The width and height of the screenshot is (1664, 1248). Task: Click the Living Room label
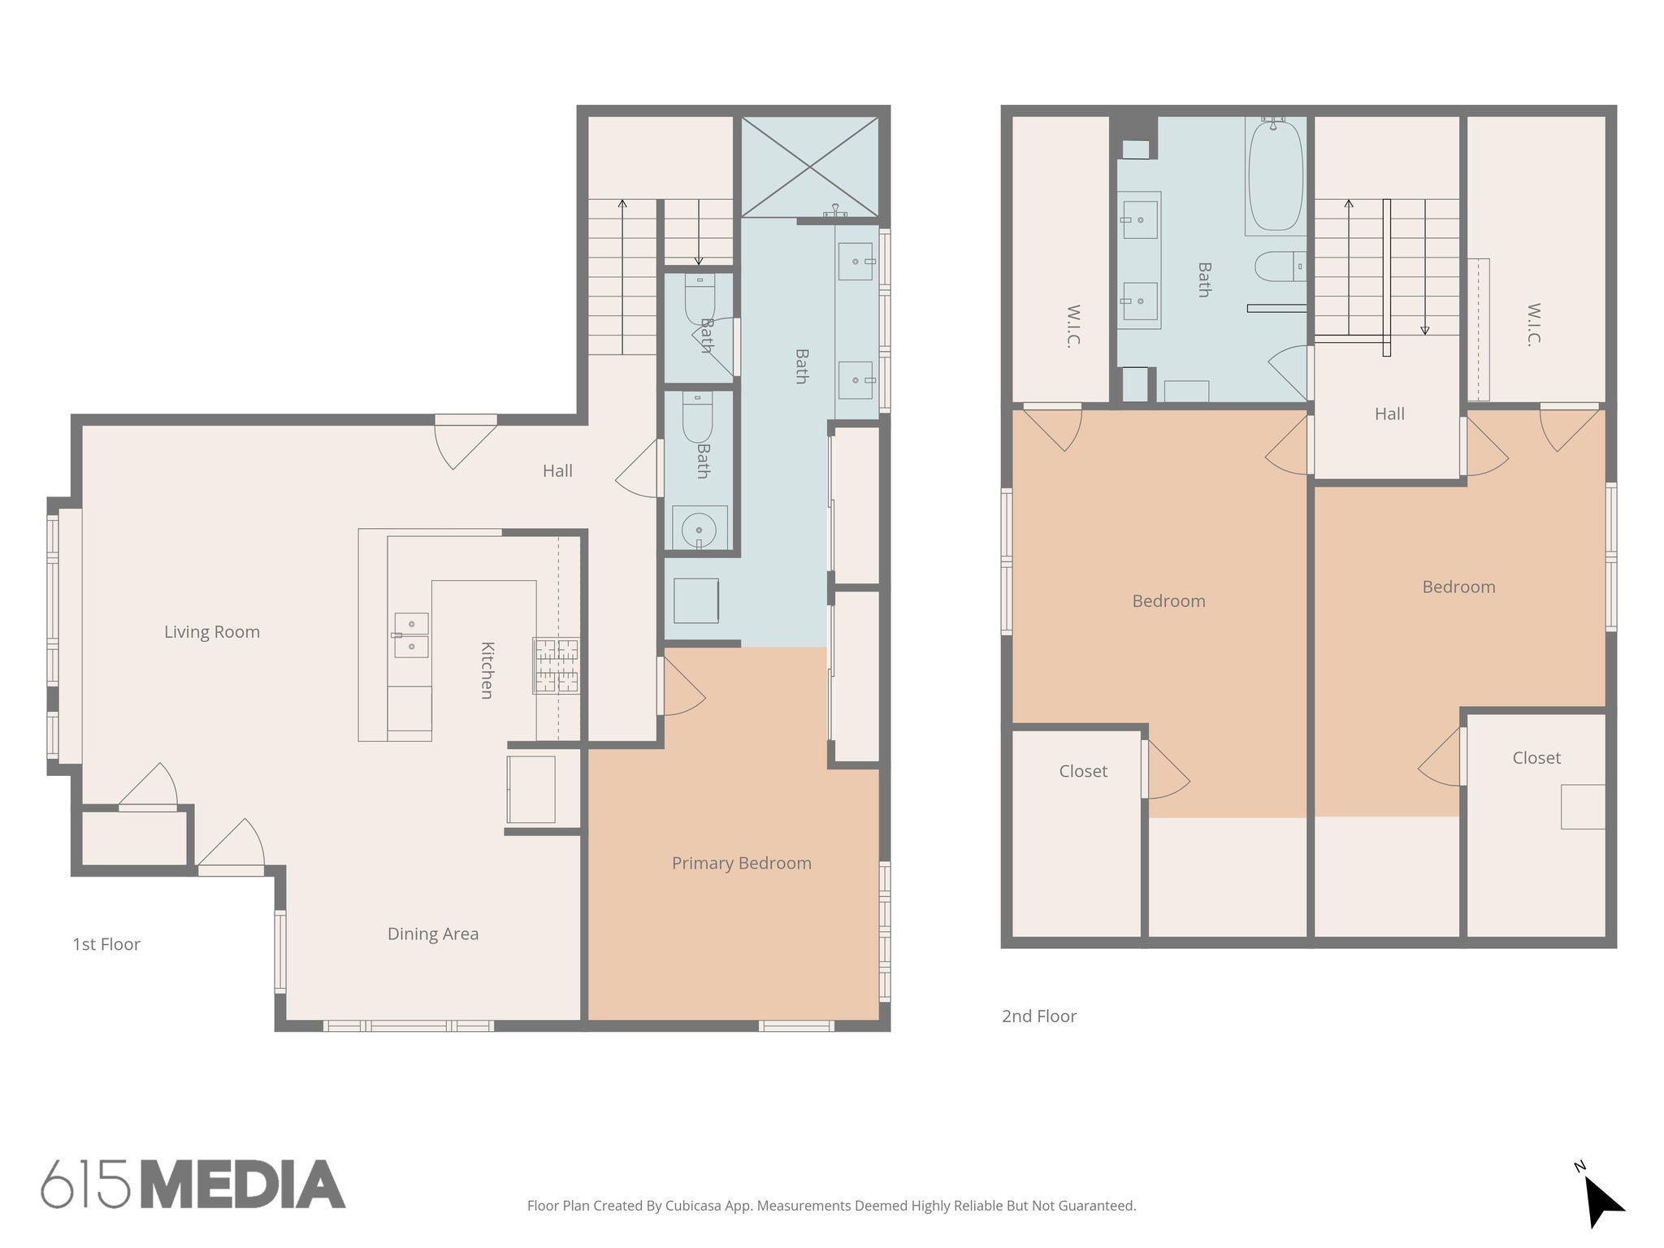coord(212,632)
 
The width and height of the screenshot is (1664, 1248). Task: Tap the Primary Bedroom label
coord(741,863)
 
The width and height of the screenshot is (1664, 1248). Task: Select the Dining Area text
coord(432,934)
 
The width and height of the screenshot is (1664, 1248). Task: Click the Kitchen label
coord(487,669)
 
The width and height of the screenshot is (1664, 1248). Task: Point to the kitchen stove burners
coord(557,665)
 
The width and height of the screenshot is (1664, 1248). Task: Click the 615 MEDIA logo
coord(193,1185)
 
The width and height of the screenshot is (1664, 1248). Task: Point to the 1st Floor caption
coord(106,944)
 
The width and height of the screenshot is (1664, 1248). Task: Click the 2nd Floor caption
coord(1038,1016)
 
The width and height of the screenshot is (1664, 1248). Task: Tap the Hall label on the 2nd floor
coord(1389,414)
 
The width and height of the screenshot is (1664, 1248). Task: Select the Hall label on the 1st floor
coord(557,470)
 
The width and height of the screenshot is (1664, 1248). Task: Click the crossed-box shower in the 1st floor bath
coord(809,167)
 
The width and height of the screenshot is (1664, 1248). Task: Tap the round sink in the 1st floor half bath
coord(698,531)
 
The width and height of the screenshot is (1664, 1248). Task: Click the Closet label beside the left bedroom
coord(1082,771)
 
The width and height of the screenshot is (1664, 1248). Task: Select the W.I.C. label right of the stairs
coord(1533,325)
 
